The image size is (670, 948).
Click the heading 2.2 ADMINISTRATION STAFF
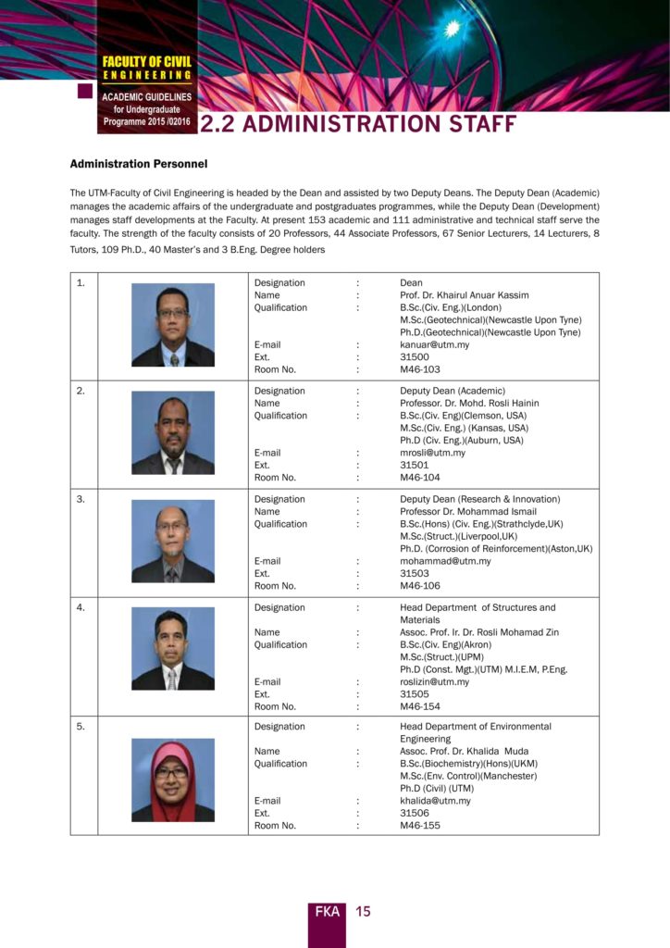pos(357,124)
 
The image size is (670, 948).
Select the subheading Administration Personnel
pos(139,164)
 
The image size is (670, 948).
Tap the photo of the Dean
pos(172,325)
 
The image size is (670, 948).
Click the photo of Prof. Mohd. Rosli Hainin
pos(172,432)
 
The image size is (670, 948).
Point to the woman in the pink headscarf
pos(172,780)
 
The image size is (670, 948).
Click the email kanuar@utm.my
pos(434,344)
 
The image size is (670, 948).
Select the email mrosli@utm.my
pos(432,453)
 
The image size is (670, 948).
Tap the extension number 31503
pos(414,573)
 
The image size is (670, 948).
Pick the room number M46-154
pos(420,706)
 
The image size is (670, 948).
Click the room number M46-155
pos(420,825)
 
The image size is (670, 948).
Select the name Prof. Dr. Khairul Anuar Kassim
pos(464,295)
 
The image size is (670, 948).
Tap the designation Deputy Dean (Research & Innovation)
pos(479,499)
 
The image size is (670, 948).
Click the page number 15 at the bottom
pos(363,912)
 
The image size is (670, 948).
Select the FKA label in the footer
pos(327,912)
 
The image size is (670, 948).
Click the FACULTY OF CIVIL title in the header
pos(147,61)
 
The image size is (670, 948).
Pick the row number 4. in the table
pos(81,607)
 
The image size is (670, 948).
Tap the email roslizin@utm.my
pos(434,681)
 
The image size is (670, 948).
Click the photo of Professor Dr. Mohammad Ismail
pos(172,541)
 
